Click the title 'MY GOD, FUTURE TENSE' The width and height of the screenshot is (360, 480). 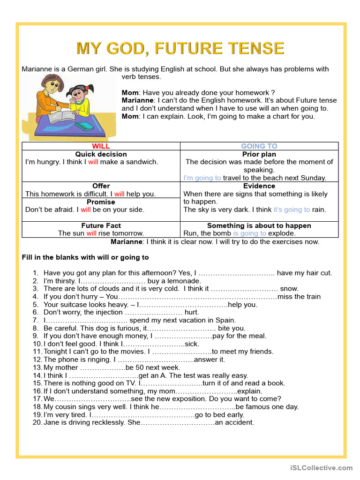(180, 48)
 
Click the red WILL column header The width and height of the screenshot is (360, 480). (101, 146)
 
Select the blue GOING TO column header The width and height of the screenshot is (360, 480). (259, 146)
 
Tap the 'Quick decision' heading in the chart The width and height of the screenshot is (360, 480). (101, 154)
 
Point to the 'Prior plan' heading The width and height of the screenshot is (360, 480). (259, 154)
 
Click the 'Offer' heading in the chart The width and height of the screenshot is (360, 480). (101, 186)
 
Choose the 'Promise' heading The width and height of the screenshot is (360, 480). (101, 202)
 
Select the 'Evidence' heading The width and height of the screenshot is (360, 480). (259, 186)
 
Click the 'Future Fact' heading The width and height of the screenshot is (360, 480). (101, 225)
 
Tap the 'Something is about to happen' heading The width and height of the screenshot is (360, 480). (259, 225)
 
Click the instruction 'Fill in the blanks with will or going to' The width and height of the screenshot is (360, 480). (85, 257)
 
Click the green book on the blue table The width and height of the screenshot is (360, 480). (84, 127)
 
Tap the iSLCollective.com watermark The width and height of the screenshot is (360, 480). (321, 467)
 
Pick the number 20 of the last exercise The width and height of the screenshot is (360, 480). (37, 422)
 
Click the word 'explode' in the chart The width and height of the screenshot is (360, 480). (282, 233)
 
